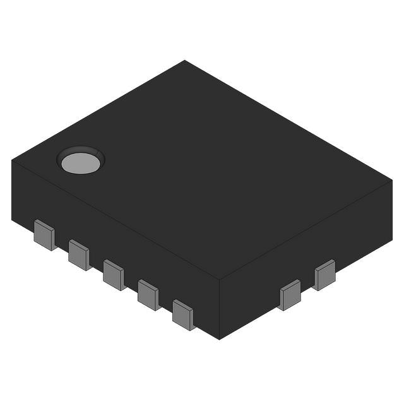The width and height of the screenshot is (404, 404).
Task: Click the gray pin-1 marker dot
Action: pyautogui.click(x=80, y=162)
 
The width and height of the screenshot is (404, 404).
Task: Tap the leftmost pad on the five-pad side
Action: pyautogui.click(x=44, y=235)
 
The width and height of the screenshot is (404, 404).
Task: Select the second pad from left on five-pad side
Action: pyautogui.click(x=79, y=254)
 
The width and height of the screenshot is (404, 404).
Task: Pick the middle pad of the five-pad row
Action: pyautogui.click(x=114, y=275)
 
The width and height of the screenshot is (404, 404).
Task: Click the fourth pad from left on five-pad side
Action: pyautogui.click(x=148, y=294)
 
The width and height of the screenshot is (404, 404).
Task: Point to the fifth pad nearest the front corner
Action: pyautogui.click(x=183, y=314)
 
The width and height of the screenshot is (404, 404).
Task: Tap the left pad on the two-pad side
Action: pyautogui.click(x=290, y=295)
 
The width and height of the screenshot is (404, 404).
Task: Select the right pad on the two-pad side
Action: pyautogui.click(x=325, y=275)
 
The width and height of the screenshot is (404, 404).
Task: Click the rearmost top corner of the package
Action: pyautogui.click(x=184, y=61)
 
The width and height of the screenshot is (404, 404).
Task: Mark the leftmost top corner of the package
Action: pyautogui.click(x=12, y=160)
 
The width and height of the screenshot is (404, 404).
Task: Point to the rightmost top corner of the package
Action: pyautogui.click(x=392, y=180)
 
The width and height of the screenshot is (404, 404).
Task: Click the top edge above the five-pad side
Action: pyautogui.click(x=114, y=218)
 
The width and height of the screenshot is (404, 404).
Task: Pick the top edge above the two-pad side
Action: pyautogui.click(x=306, y=229)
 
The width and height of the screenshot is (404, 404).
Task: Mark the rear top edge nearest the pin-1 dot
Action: pyautogui.click(x=98, y=110)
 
